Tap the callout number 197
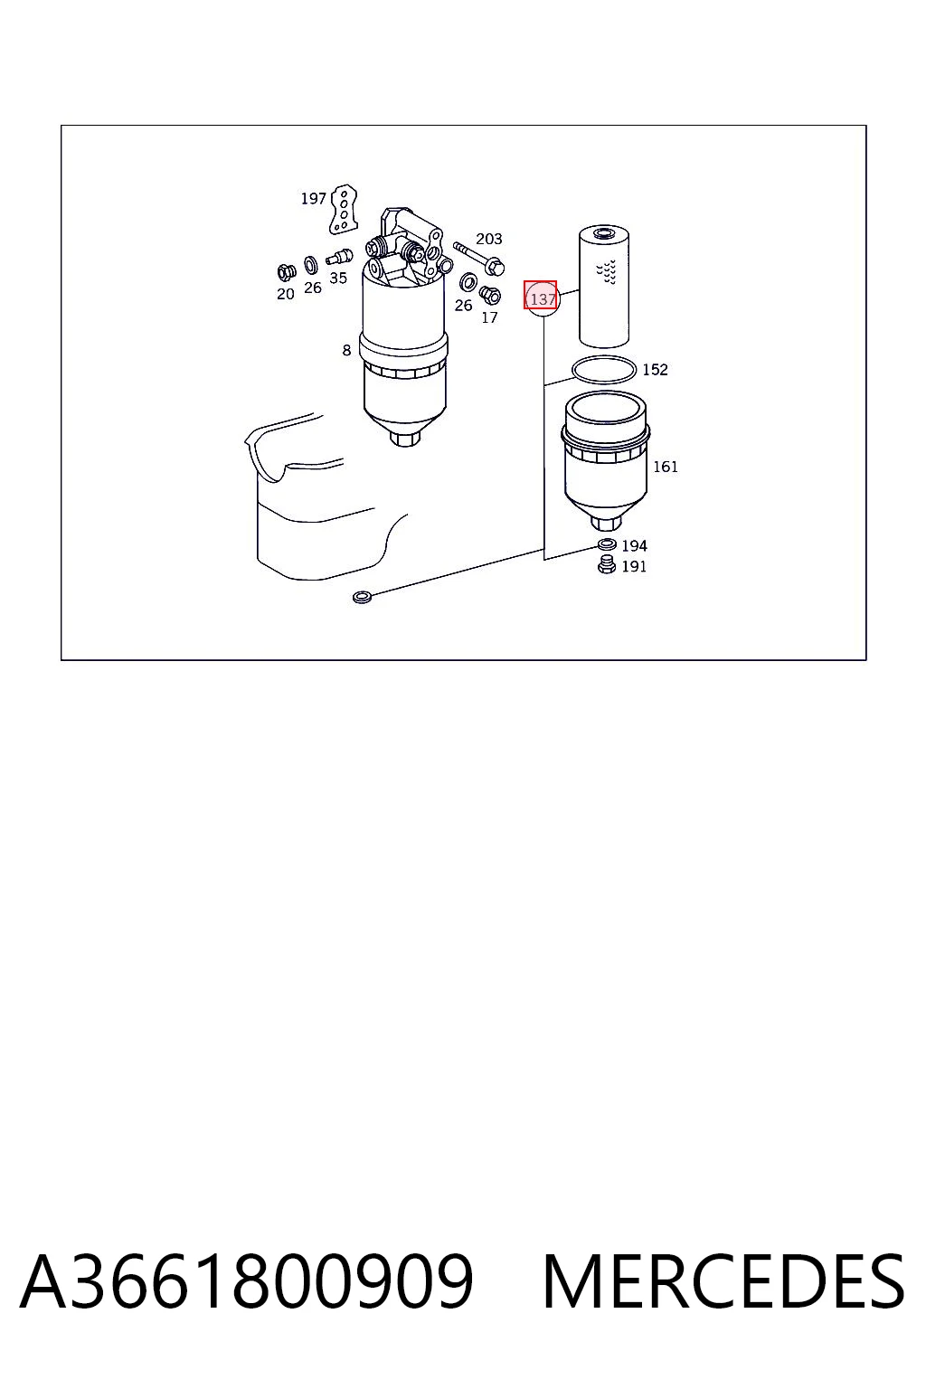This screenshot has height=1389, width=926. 313,198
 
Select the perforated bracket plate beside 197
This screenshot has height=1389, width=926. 343,209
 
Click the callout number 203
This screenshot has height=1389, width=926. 488,239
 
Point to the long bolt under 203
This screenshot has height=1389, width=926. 478,258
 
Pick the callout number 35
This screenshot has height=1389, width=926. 338,278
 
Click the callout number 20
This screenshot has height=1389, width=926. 285,294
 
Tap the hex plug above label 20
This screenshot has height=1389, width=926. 285,272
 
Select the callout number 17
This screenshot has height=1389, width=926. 489,318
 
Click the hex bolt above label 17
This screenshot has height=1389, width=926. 490,295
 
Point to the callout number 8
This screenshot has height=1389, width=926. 346,350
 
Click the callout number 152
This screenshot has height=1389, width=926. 655,370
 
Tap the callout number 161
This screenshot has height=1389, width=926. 665,467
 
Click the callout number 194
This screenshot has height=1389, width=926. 634,545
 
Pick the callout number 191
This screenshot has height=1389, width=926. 634,566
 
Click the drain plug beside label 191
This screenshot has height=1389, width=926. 606,565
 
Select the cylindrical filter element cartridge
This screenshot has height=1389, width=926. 603,286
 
